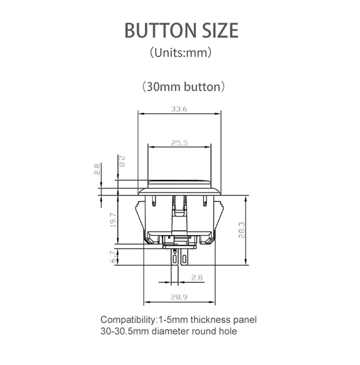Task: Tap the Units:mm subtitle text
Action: click(x=180, y=53)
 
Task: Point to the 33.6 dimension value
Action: click(x=179, y=109)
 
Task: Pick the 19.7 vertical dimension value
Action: click(x=113, y=221)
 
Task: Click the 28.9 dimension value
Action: click(x=179, y=297)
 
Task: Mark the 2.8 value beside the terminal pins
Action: click(x=197, y=278)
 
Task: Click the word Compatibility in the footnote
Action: click(x=128, y=320)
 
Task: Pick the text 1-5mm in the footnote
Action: click(x=172, y=320)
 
